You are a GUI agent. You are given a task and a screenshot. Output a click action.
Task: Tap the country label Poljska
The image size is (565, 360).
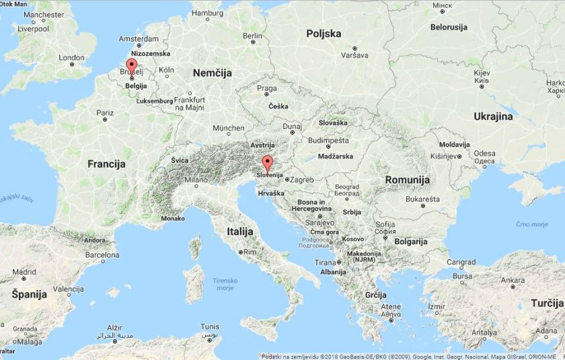point(324,34)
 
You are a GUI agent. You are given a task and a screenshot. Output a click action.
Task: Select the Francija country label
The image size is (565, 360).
point(106,164)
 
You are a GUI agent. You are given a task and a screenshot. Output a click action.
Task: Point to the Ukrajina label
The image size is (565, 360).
point(492,116)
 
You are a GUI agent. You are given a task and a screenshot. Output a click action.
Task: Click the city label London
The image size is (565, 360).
point(71,58)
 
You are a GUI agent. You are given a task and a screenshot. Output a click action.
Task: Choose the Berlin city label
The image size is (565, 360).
point(252,36)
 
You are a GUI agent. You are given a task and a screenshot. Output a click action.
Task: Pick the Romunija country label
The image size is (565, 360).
point(407,180)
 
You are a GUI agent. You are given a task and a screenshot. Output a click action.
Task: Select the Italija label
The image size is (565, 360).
point(240,231)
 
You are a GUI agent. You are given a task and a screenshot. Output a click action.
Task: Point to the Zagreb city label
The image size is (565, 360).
point(302,180)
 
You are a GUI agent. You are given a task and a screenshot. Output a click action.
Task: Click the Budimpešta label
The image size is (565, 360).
point(329,141)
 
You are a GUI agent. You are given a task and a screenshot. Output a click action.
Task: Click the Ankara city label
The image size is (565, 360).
point(513,280)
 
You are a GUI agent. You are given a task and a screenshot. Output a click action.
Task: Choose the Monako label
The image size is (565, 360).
point(173,219)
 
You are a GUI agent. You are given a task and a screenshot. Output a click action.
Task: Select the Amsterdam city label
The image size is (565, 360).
point(139,38)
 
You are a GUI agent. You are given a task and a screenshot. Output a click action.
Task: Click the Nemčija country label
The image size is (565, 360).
point(212,72)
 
